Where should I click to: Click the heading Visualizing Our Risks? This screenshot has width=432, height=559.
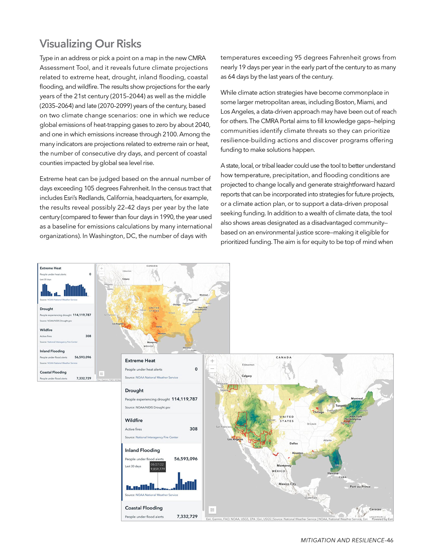90,44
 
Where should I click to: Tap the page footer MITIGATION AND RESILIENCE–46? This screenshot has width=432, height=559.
347,540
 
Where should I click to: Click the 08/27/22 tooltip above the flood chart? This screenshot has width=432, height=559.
157,467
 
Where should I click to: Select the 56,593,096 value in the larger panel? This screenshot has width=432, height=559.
186,459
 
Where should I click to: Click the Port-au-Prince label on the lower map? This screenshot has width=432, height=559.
360,487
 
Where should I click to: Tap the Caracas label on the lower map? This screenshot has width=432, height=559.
375,509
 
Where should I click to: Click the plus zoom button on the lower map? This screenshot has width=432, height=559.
212,361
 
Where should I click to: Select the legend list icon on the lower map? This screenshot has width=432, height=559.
212,510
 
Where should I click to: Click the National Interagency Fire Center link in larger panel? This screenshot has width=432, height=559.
157,437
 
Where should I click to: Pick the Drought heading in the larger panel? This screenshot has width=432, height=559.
134,390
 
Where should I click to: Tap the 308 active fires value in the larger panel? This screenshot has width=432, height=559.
193,429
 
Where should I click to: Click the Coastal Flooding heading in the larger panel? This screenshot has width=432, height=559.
144,508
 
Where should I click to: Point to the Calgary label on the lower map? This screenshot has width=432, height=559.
247,376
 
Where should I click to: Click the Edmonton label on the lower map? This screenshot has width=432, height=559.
248,365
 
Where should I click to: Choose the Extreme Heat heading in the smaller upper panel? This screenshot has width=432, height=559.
50,268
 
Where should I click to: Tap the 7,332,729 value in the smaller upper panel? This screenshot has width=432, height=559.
84,378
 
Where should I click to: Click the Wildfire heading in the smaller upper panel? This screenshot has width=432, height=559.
46,330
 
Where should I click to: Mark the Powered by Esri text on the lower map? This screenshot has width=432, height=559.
382,519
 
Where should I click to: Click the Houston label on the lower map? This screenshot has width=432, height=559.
297,453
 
